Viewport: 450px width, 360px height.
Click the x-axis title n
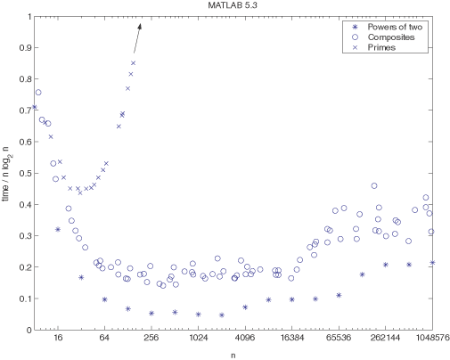(x=233, y=355)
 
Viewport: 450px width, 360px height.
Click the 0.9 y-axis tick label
(x=22, y=47)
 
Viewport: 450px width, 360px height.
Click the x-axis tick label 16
(x=58, y=340)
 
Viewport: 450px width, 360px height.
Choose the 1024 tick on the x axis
(x=198, y=340)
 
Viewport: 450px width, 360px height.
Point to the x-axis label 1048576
(x=430, y=340)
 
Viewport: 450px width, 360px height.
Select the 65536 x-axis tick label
(x=338, y=340)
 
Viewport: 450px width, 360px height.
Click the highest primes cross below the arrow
(x=133, y=63)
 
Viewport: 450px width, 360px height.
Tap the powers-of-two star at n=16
(x=58, y=229)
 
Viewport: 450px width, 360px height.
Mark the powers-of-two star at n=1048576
(x=432, y=263)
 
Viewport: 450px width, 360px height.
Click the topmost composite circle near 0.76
(x=38, y=92)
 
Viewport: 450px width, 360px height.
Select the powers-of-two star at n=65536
(x=339, y=295)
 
